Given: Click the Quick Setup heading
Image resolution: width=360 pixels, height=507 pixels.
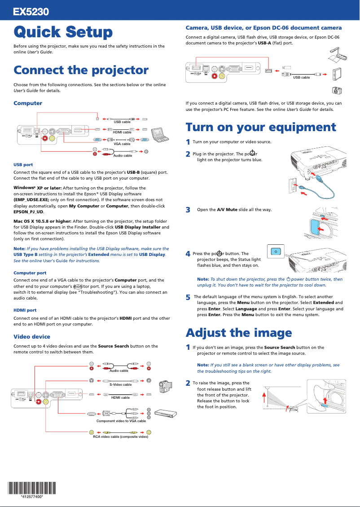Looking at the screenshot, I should (x=63, y=32).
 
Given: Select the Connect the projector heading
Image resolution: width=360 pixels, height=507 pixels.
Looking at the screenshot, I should (x=81, y=71).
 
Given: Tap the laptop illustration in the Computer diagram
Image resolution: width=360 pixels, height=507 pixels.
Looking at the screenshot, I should (x=158, y=133).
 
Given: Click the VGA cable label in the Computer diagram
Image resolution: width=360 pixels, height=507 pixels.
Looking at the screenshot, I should (x=122, y=144).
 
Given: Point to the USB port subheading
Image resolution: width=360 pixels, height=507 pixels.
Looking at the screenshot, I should (x=23, y=165).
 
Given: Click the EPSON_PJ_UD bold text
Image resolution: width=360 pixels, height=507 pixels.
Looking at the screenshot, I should (x=28, y=212).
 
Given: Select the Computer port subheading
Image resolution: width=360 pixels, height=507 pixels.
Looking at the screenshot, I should (x=30, y=273).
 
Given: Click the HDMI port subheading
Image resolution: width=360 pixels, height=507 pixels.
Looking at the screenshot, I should (x=25, y=310).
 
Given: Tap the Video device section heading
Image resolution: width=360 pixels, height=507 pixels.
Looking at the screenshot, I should (x=32, y=336).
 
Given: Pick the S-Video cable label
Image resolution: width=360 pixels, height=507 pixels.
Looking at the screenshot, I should (x=120, y=384).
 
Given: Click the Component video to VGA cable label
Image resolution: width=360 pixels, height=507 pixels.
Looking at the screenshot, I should (x=121, y=421).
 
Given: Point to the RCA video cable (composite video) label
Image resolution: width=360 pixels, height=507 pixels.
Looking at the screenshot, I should (x=120, y=436).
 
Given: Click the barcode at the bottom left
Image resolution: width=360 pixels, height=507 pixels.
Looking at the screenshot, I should (x=32, y=488).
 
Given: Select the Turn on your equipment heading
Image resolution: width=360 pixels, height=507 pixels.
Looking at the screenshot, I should (x=260, y=127).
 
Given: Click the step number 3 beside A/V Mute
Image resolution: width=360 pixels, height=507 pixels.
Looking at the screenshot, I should (x=188, y=210).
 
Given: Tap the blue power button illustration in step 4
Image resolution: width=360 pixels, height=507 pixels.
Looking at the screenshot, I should (x=276, y=251).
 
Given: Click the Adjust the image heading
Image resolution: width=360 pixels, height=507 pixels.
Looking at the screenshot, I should (x=238, y=333).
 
